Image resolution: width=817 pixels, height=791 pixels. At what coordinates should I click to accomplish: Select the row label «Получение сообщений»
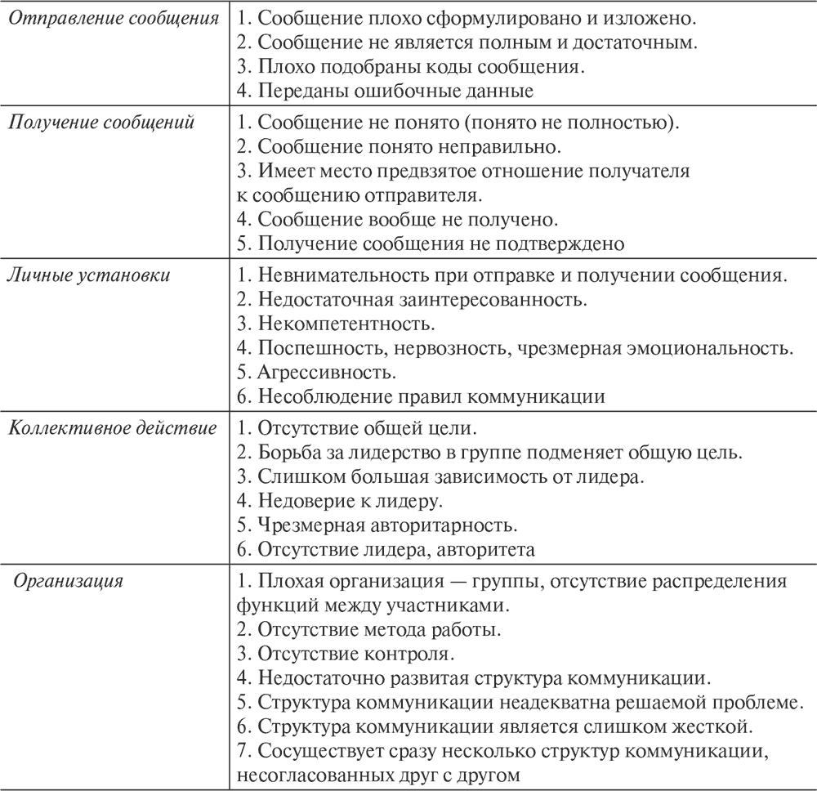pyautogui.click(x=101, y=123)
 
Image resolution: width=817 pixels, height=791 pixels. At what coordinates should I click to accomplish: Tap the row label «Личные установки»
pyautogui.click(x=89, y=275)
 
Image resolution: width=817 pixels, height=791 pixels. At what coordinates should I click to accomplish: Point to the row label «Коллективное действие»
pyautogui.click(x=112, y=427)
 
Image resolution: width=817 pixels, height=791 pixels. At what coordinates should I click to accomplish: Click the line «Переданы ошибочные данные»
pyautogui.click(x=385, y=92)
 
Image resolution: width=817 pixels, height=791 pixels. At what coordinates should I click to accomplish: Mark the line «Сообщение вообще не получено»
pyautogui.click(x=397, y=219)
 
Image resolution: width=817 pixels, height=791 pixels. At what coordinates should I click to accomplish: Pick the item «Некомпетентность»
pyautogui.click(x=336, y=324)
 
